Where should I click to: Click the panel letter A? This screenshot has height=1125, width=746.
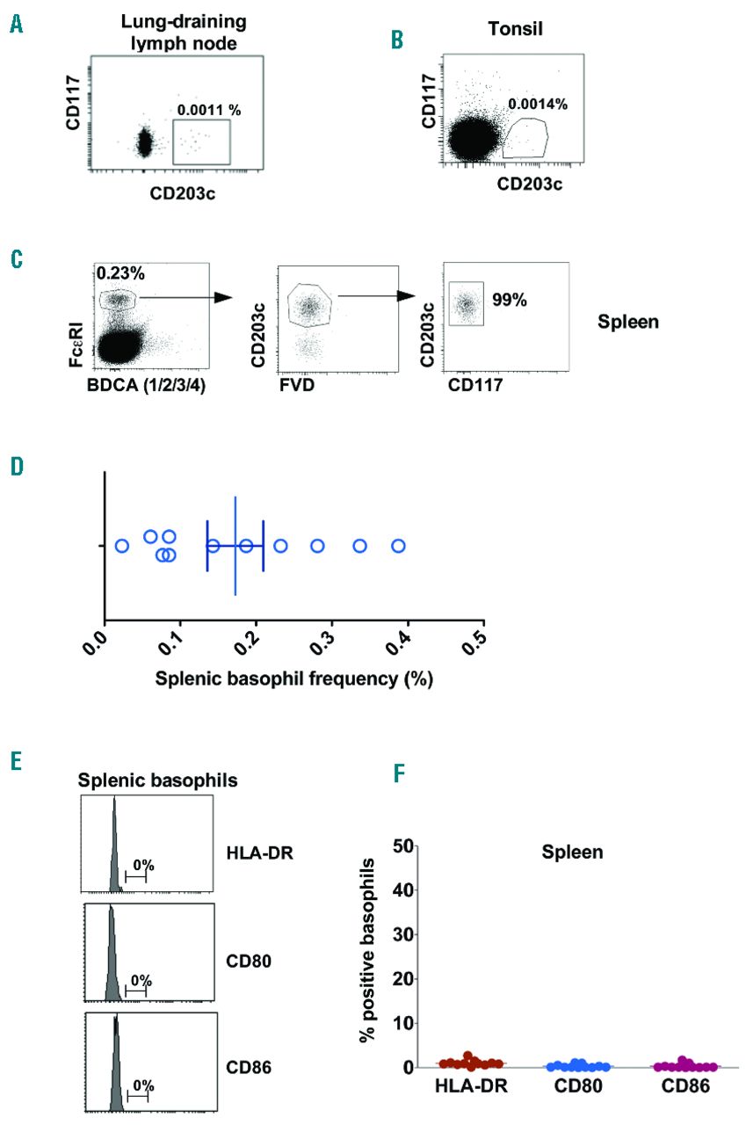[16, 23]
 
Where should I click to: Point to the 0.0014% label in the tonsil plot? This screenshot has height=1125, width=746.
[538, 104]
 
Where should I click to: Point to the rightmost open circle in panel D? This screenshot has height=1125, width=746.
[398, 546]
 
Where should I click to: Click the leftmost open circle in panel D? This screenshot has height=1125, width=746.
[122, 546]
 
